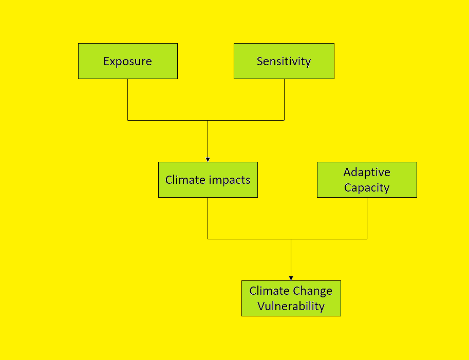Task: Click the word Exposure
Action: tap(127, 62)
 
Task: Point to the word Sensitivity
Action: tap(284, 62)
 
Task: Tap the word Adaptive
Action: tap(367, 173)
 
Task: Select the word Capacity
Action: tap(367, 187)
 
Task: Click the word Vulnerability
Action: tap(291, 307)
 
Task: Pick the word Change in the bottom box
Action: tap(312, 291)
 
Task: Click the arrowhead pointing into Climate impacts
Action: tap(208, 159)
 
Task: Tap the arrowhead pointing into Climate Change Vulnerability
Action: tap(291, 278)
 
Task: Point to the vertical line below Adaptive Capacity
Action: tap(367, 218)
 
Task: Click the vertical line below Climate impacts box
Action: tap(208, 218)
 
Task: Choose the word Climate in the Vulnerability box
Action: tap(270, 291)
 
